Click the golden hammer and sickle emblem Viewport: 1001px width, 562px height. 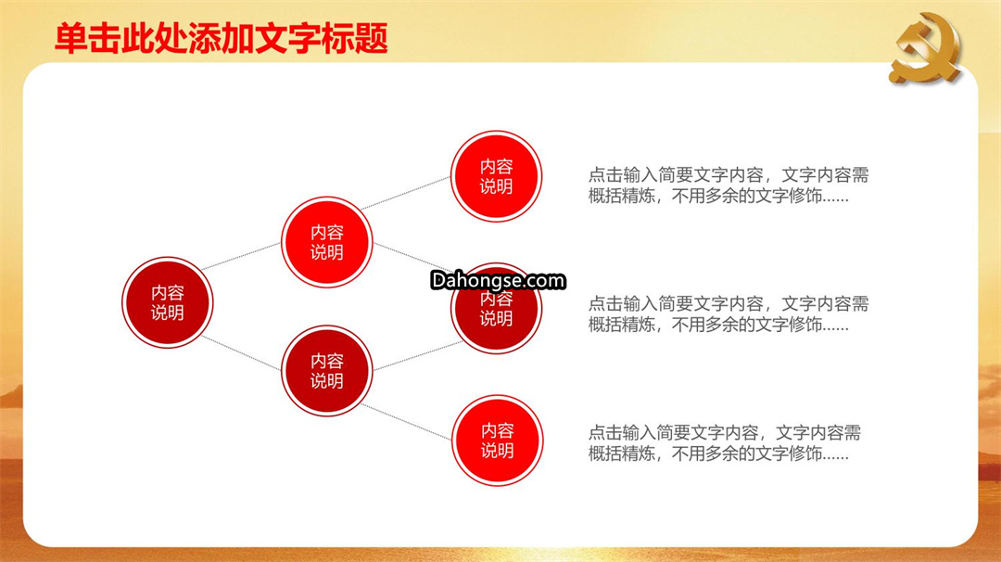(925, 48)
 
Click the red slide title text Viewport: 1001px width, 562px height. (222, 38)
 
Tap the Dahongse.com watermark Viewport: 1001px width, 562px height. (498, 280)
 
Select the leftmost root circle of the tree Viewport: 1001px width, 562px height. (167, 302)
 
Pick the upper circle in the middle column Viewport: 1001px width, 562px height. (327, 242)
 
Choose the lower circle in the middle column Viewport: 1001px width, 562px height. (327, 371)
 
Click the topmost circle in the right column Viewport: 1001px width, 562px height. (496, 176)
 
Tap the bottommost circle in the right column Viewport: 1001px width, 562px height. (497, 441)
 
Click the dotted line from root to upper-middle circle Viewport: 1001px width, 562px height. (241, 256)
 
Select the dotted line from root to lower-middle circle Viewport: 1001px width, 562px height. (241, 352)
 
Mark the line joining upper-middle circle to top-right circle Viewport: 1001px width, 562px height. (406, 193)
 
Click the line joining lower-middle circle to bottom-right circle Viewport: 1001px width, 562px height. (406, 421)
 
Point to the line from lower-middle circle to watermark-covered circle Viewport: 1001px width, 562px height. (418, 356)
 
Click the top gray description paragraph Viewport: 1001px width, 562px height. (729, 185)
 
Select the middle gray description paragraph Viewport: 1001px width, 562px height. (729, 314)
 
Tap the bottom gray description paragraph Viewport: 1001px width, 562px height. (725, 443)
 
